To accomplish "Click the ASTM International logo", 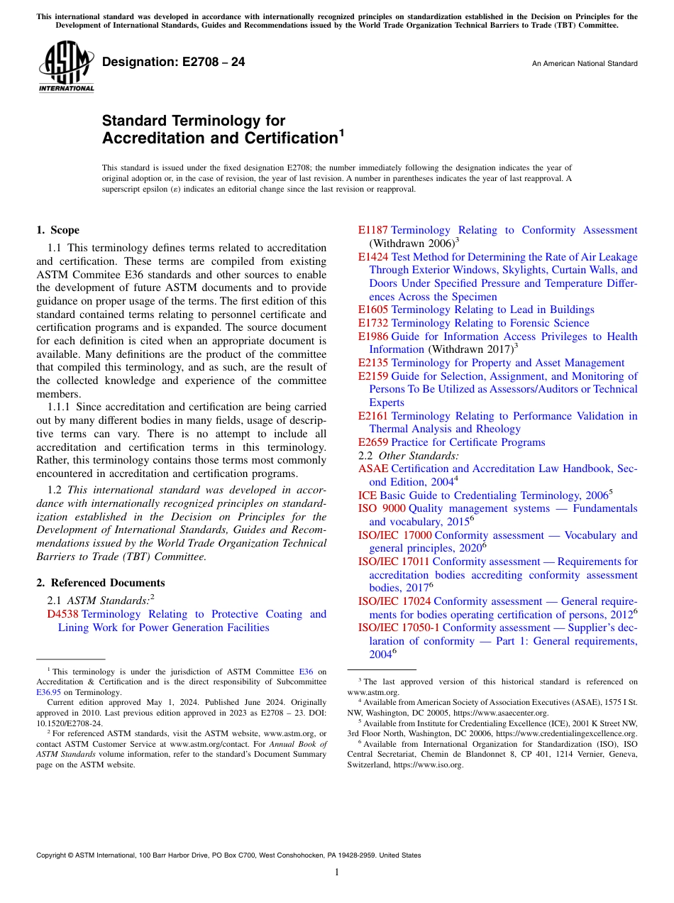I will click(x=66, y=66).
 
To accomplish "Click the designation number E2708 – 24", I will click(x=173, y=62).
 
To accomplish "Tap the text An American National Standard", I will click(x=584, y=64).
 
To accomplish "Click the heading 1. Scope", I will click(x=58, y=230).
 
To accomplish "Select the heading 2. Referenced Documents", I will click(x=101, y=583).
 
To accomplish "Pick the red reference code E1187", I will click(x=372, y=230).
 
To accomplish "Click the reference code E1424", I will click(x=373, y=257).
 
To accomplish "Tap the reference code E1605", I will click(x=373, y=310).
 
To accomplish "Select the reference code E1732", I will click(x=373, y=323).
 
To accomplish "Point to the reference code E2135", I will click(x=373, y=363).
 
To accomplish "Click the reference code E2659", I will click(x=373, y=442).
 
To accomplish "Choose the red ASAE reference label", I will click(x=373, y=469).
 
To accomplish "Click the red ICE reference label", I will click(x=368, y=496).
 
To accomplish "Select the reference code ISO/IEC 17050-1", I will click(x=399, y=628).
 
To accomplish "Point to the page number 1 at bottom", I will click(x=337, y=872).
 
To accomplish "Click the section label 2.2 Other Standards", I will click(x=409, y=456).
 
